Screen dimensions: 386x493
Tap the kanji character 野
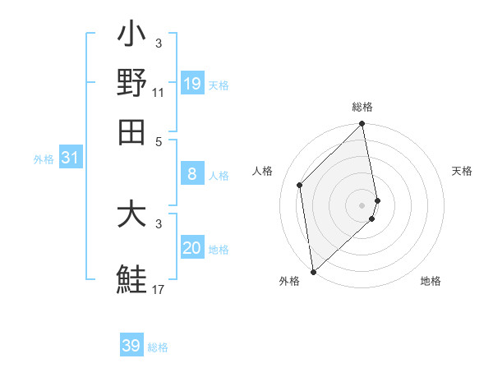coord(131,84)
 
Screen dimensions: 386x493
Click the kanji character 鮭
coord(131,278)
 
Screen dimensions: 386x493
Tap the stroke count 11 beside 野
coord(158,92)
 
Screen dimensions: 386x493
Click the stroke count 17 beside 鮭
coord(158,288)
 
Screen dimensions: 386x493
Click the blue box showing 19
coord(192,84)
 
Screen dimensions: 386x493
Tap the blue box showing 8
coord(192,173)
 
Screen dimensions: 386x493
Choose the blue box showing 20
coord(192,248)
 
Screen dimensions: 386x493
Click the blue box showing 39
coord(131,346)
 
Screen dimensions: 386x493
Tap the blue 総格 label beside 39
coord(158,347)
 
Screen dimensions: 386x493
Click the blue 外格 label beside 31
coord(44,159)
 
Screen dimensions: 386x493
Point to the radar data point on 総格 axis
coord(362,125)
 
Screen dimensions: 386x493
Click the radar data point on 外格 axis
coord(313,271)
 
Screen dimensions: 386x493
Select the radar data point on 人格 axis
coord(300,185)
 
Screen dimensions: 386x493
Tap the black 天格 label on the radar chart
coord(462,171)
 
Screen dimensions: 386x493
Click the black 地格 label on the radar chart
coord(431,281)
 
